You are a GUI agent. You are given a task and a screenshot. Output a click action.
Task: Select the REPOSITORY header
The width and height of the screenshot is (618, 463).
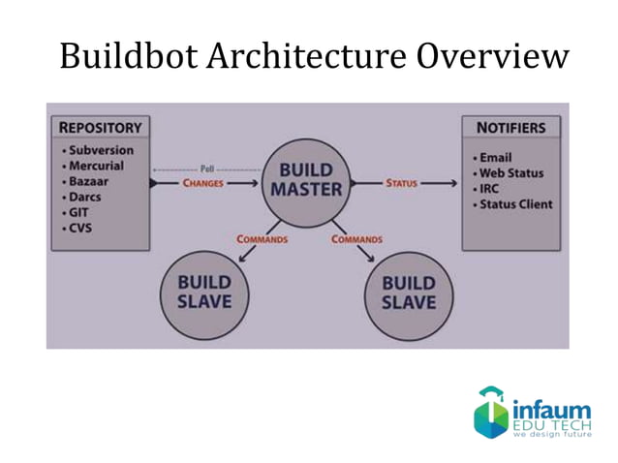101,127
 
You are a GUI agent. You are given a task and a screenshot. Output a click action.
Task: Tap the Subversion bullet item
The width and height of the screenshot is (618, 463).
100,150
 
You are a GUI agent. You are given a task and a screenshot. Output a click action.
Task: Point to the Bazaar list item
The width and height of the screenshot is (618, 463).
90,181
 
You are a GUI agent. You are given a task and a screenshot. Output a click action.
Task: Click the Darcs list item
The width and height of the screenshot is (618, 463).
87,197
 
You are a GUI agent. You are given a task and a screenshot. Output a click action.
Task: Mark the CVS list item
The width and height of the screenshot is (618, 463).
81,228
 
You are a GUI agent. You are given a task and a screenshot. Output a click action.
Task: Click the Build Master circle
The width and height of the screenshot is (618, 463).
306,180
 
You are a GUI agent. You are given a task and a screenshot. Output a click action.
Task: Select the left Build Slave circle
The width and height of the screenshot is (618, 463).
204,292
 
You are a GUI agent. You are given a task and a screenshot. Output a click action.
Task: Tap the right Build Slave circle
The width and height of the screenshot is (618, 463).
408,293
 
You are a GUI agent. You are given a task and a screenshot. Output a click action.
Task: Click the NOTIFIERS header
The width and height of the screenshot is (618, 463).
510,127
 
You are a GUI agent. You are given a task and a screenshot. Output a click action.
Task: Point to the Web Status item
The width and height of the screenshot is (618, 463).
510,172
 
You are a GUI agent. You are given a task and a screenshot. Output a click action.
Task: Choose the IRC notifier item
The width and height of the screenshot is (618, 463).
490,188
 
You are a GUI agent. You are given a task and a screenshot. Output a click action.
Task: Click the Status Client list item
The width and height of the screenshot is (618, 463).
514,203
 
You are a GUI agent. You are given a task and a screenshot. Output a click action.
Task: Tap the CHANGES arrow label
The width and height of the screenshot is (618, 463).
202,182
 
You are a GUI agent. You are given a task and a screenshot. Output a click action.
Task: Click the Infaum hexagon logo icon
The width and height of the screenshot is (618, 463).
490,412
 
